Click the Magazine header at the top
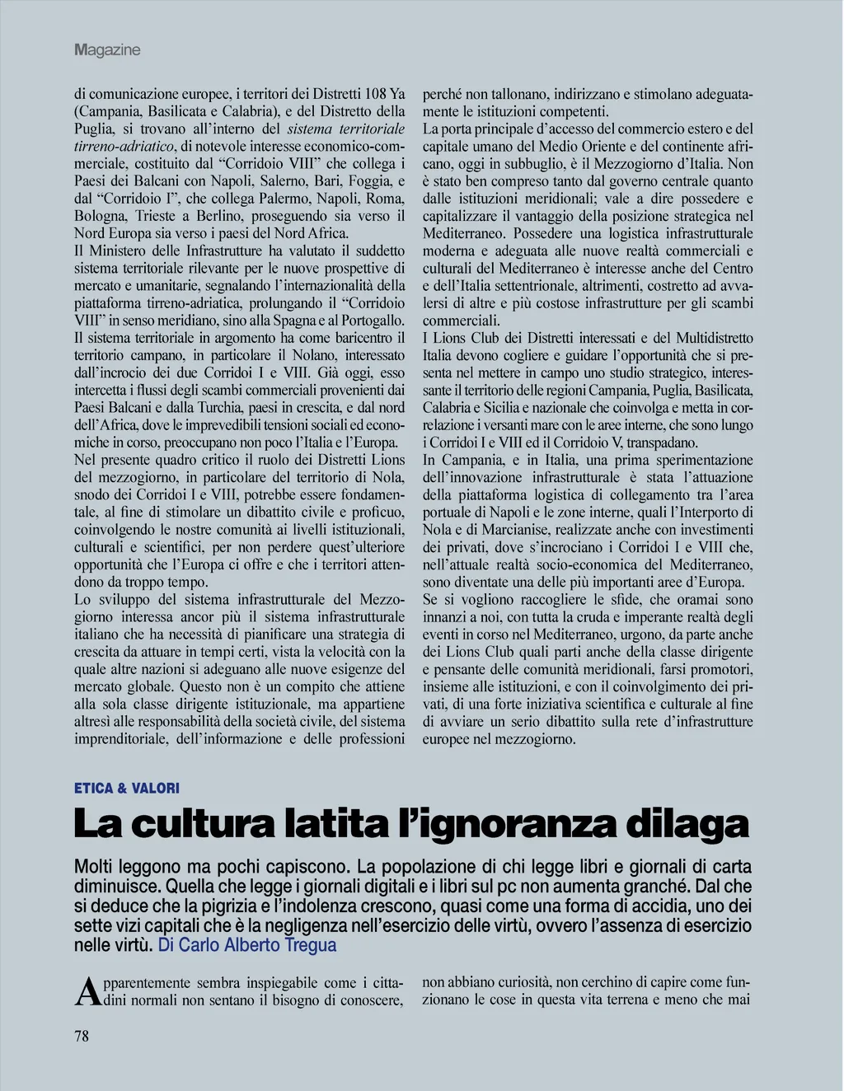(x=107, y=50)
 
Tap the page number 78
(x=82, y=1036)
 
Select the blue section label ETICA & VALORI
(x=126, y=788)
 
